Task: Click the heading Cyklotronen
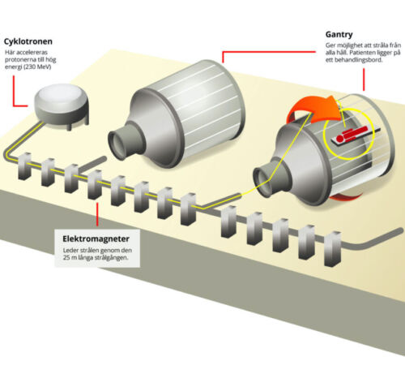tap(28, 41)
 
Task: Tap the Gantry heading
tap(339, 35)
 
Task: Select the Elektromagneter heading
tap(96, 239)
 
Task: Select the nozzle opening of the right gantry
tap(263, 181)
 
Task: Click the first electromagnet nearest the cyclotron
tap(24, 166)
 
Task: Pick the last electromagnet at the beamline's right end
tap(333, 249)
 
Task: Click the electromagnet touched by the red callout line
tap(95, 185)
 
